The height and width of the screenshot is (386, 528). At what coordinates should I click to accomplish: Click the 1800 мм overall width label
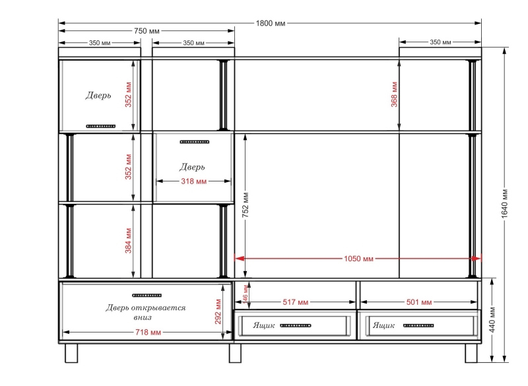(x=271, y=23)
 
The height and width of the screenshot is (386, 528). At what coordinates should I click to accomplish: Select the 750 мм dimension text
(x=147, y=31)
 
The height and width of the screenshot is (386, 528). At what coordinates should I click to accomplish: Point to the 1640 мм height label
(x=504, y=204)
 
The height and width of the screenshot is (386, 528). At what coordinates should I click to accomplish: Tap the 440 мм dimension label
(x=492, y=319)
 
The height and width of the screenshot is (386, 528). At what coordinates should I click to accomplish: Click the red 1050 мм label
(x=358, y=259)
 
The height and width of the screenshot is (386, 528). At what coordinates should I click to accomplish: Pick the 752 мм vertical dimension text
(x=246, y=205)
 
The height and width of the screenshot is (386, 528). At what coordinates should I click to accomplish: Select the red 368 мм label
(x=394, y=94)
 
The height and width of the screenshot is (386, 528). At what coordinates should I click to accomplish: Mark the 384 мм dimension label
(x=128, y=240)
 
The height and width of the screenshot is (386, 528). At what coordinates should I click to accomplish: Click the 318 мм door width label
(x=193, y=181)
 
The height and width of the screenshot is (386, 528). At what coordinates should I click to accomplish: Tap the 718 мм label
(x=148, y=332)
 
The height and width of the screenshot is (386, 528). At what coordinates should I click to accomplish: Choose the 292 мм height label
(x=218, y=311)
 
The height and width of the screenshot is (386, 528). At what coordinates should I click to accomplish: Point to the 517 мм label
(x=295, y=302)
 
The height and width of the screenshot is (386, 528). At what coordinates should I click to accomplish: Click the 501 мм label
(x=419, y=302)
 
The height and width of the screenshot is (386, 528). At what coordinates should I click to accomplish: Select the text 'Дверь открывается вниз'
(x=145, y=312)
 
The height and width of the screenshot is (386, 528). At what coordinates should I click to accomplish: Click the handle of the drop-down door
(x=147, y=296)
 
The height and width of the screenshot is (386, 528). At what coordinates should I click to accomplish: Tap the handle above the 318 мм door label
(x=194, y=142)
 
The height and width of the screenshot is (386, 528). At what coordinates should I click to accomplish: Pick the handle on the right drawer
(x=418, y=325)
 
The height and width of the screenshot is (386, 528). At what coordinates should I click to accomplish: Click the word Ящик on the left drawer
(x=263, y=325)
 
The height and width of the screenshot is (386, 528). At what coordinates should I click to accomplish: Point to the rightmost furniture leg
(x=471, y=353)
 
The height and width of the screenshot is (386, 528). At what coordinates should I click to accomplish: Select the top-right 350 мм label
(x=440, y=42)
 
